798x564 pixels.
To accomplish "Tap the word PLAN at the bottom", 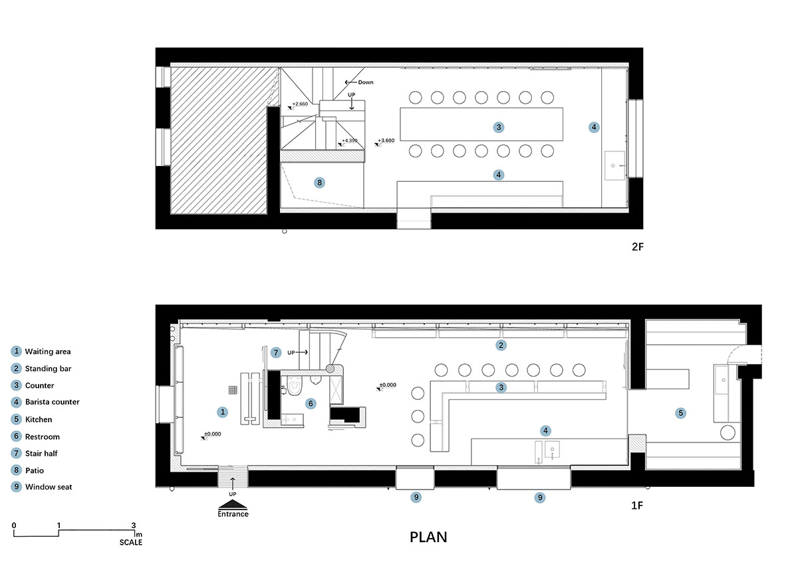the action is [x=428, y=537].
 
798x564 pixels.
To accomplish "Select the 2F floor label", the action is [x=638, y=246].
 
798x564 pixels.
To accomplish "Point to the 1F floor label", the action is [x=637, y=506].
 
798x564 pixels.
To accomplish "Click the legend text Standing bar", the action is [x=48, y=369].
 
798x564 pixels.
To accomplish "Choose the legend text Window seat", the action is [x=49, y=487].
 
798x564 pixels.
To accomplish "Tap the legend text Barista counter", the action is [x=53, y=402].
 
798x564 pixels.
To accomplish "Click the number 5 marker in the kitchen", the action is [x=680, y=413].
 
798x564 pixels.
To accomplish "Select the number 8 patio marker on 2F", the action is [x=319, y=183].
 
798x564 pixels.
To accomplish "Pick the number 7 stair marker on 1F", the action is [x=276, y=352].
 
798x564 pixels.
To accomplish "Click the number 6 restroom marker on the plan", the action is [x=311, y=403].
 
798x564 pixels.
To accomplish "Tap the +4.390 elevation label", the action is [x=350, y=141].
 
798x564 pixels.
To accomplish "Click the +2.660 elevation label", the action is [x=300, y=104].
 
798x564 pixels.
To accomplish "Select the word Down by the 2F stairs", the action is [x=366, y=82].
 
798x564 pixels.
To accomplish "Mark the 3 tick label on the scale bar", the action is [x=134, y=525].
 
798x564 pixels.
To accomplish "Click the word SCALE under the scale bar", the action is [x=131, y=542].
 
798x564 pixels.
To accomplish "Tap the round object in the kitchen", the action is [x=728, y=432].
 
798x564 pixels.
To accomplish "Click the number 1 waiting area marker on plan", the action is [x=223, y=412].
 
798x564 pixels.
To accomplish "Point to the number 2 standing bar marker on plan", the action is [x=501, y=345].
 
